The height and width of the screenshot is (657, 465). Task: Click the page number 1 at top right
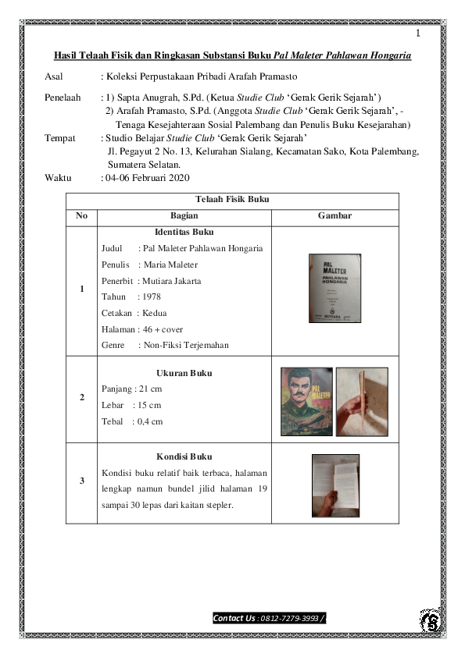418,34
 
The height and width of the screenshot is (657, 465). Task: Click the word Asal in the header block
55,77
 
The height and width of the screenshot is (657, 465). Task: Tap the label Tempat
60,138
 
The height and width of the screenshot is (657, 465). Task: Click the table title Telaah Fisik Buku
232,201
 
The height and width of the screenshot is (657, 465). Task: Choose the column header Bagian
184,215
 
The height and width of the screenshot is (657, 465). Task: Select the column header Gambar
334,215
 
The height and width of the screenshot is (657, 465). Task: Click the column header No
82,215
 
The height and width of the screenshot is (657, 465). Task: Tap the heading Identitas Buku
184,232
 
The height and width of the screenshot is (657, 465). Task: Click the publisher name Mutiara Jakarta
172,280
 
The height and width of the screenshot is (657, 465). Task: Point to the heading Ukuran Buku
184,373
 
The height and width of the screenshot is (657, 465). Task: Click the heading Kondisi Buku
184,456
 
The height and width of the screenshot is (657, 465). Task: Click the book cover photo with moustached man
307,400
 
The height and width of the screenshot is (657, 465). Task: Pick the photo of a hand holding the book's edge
363,400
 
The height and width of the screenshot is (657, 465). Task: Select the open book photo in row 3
335,485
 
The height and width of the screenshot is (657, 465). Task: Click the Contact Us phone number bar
269,619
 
